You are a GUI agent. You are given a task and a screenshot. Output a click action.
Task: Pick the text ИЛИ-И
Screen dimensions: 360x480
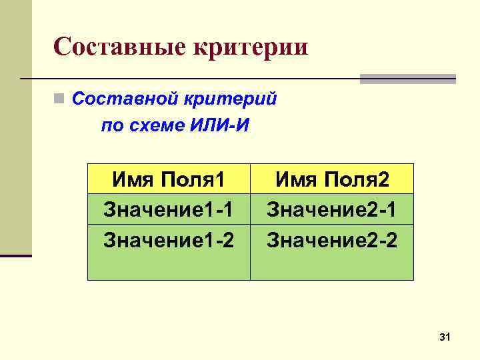(215, 126)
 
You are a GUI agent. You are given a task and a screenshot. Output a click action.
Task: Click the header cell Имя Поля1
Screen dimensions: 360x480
(169, 179)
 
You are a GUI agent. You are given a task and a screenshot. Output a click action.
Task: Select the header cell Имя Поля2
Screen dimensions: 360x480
(332, 179)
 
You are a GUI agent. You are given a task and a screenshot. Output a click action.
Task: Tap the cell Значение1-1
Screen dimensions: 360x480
(169, 209)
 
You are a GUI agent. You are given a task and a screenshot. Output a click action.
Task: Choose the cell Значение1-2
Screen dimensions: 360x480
(169, 239)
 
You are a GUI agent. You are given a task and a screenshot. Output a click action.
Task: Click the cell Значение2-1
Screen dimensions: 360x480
(332, 209)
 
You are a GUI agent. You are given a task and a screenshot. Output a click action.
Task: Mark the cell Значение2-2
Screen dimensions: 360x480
(332, 239)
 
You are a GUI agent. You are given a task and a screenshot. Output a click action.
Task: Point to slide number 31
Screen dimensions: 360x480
(445, 339)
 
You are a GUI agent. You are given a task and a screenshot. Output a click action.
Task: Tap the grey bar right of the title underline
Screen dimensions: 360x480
(407, 79)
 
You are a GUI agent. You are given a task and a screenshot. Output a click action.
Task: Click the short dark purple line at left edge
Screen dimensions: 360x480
(16, 255)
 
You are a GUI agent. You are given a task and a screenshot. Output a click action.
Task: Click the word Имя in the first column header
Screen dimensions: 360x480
(133, 179)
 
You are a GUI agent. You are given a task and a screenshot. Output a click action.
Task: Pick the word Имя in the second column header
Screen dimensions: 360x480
(297, 179)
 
